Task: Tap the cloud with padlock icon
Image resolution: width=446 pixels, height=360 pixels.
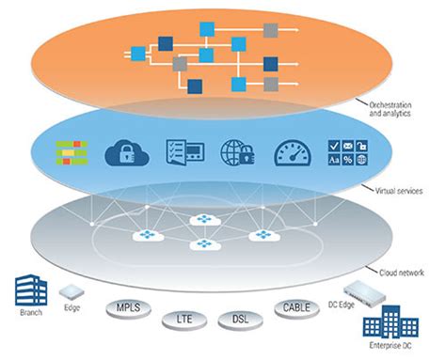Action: tap(127, 152)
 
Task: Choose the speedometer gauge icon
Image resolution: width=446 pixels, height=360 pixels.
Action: tap(291, 153)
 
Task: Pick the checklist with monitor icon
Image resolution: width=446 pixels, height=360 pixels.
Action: tap(182, 153)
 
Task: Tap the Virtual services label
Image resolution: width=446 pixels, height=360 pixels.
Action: tap(399, 191)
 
